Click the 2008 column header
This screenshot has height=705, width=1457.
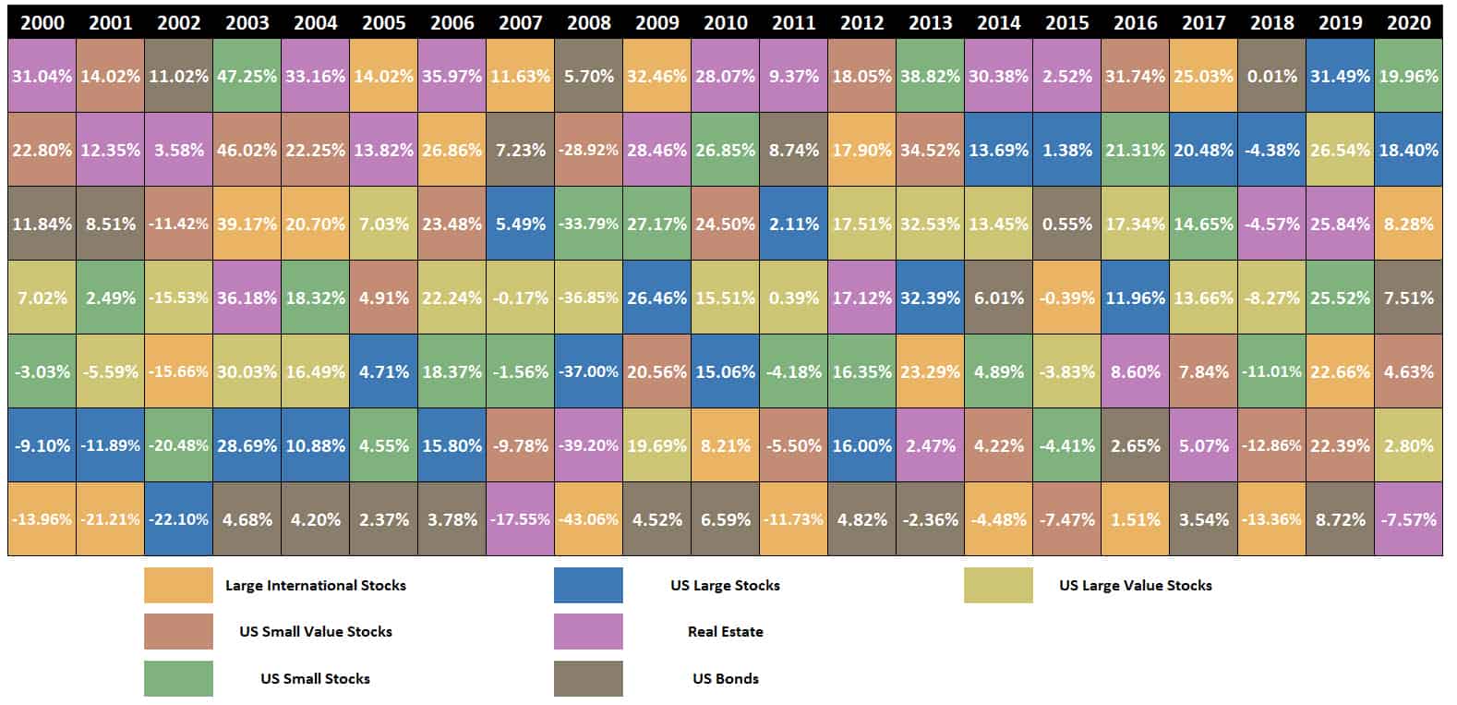click(x=589, y=23)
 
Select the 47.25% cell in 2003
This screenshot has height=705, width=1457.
click(x=247, y=76)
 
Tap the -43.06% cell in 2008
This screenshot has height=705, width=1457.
click(x=589, y=519)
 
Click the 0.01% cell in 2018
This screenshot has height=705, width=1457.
click(x=1272, y=76)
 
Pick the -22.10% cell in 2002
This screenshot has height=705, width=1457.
click(x=178, y=519)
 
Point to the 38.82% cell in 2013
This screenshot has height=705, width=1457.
click(x=931, y=76)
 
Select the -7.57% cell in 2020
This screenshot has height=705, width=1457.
click(x=1409, y=519)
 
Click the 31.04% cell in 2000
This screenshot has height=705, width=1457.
click(x=42, y=76)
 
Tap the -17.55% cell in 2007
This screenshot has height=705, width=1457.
click(x=521, y=519)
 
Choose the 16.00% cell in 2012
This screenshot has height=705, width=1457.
click(x=862, y=445)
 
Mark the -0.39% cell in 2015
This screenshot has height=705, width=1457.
click(x=1067, y=298)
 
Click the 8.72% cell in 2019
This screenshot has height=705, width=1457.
click(x=1341, y=519)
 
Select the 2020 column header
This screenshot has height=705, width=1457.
click(x=1409, y=23)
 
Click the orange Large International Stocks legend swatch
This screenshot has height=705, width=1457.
click(x=178, y=586)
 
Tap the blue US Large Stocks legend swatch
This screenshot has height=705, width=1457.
click(x=588, y=586)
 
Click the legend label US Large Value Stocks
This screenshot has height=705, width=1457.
click(x=1136, y=586)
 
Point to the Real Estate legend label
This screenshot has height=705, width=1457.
click(x=725, y=632)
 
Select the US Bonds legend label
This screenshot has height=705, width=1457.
click(x=725, y=679)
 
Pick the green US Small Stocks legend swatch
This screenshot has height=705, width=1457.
click(x=178, y=679)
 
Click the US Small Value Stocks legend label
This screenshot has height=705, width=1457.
click(x=316, y=632)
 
